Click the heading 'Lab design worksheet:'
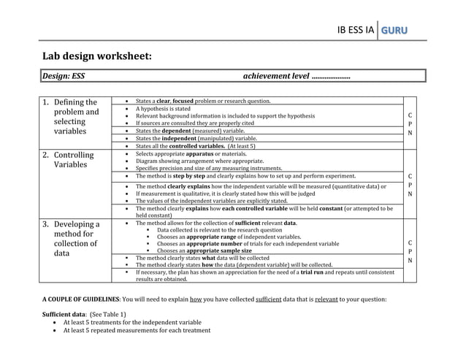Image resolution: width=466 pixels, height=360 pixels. pyautogui.click(x=96, y=55)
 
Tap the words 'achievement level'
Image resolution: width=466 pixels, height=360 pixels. pyautogui.click(x=275, y=75)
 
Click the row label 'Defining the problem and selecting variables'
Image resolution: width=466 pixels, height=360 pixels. pyautogui.click(x=76, y=117)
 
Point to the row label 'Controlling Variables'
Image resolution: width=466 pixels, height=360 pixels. pyautogui.click(x=74, y=160)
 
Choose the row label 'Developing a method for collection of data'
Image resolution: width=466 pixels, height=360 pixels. pyautogui.click(x=76, y=239)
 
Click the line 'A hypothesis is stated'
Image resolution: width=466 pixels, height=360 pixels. pyautogui.click(x=163, y=108)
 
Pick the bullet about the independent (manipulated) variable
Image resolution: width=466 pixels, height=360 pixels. pyautogui.click(x=196, y=138)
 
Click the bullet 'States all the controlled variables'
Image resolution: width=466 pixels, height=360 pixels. pyautogui.click(x=195, y=146)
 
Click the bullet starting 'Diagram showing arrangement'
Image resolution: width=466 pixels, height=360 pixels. pyautogui.click(x=200, y=161)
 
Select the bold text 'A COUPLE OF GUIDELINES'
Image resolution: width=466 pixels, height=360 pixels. pyautogui.click(x=80, y=299)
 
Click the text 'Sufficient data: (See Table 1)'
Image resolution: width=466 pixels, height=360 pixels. pyautogui.click(x=84, y=314)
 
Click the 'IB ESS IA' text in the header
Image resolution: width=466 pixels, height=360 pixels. pyautogui.click(x=355, y=30)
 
